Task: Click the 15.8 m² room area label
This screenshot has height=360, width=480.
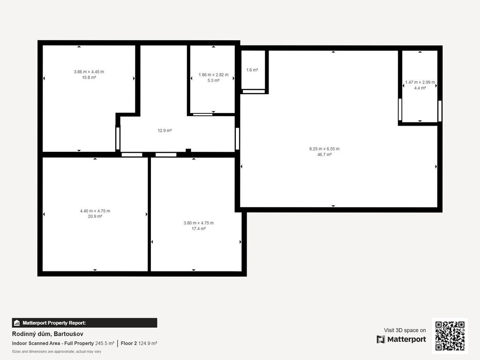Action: (x=89, y=78)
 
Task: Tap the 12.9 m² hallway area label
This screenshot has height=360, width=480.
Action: (x=165, y=131)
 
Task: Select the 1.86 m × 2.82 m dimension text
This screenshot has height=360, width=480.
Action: (x=213, y=75)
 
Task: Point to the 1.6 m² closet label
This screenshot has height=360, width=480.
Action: (x=252, y=70)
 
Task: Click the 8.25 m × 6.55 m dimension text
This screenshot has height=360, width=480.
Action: (x=324, y=149)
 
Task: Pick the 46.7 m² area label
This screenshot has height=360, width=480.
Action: (x=324, y=155)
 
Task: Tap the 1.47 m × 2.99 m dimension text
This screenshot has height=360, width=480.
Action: (x=420, y=82)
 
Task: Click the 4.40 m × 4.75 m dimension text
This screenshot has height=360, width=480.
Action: (x=95, y=211)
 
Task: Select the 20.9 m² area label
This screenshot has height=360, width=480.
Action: (x=95, y=217)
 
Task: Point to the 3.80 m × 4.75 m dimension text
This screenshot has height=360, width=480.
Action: (x=198, y=223)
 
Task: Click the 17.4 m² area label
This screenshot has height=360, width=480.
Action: (x=198, y=229)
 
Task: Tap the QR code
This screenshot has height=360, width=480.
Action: (x=450, y=336)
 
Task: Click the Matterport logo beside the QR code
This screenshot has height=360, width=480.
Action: (x=401, y=339)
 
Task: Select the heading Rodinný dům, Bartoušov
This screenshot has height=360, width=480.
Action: (x=47, y=334)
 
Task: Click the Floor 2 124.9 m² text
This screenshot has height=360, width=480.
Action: (x=139, y=344)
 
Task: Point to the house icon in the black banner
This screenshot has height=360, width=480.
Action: (x=17, y=323)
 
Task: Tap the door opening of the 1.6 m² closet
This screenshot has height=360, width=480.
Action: (x=254, y=91)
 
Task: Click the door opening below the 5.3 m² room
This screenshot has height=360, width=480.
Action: (x=202, y=114)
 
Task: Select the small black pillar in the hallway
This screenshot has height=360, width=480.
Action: (x=188, y=150)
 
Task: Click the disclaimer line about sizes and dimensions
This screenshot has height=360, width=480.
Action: (x=57, y=352)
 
